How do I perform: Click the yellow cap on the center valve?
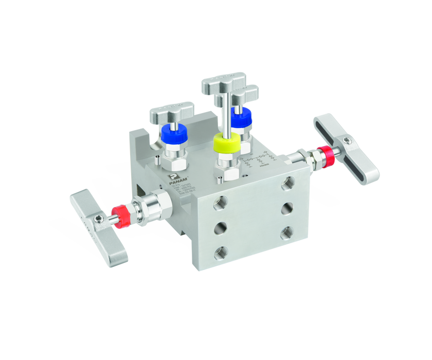click(x=226, y=142)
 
